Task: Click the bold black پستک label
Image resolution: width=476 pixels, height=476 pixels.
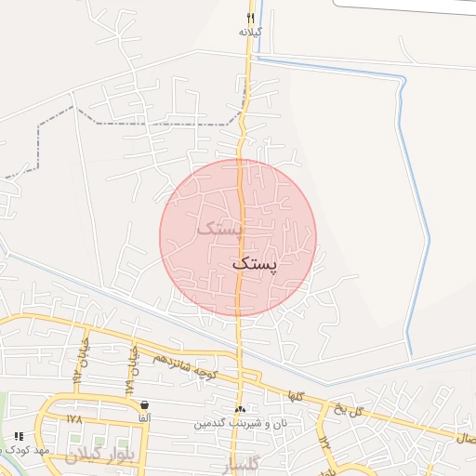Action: coord(254,264)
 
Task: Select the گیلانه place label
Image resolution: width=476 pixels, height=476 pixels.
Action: coord(251,32)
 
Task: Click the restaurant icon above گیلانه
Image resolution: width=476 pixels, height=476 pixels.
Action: coord(250,18)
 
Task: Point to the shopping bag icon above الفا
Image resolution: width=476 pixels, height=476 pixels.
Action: coord(144,405)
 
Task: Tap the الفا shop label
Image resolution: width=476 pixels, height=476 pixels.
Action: coord(144,418)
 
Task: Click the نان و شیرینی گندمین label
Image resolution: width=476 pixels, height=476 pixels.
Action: coord(236,424)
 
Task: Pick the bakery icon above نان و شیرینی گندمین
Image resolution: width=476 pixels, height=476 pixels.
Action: coord(241,410)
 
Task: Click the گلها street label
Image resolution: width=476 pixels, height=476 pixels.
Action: coord(297,392)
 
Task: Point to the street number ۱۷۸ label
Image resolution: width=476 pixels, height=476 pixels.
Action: coord(74,419)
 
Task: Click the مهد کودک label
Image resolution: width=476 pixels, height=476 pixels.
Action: coord(28,450)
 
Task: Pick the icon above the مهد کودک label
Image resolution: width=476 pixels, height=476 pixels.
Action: coord(18,435)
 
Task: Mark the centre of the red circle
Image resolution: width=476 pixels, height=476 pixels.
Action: coord(238,238)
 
